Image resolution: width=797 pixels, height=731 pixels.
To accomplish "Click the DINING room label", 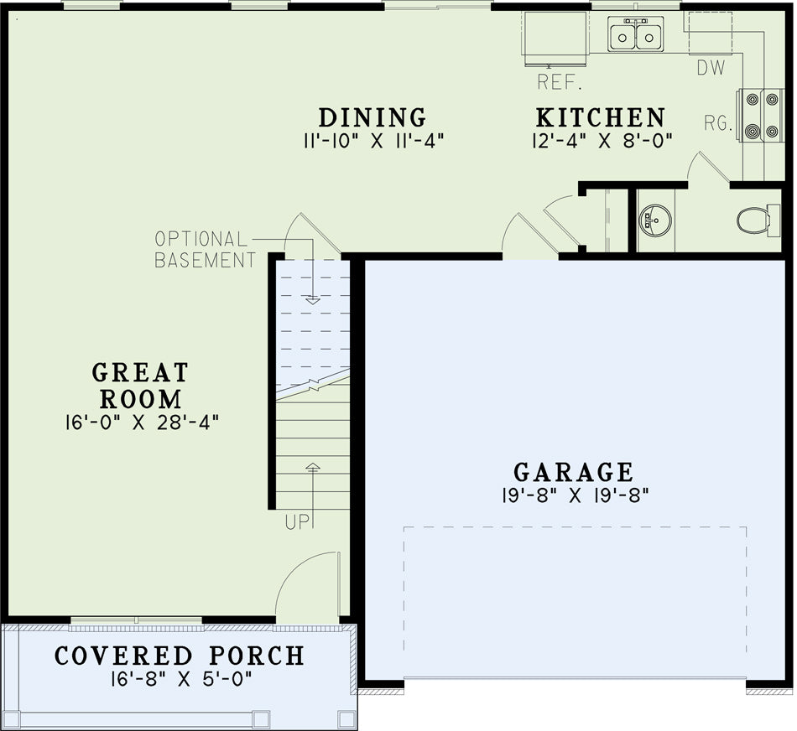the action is pyautogui.click(x=372, y=117).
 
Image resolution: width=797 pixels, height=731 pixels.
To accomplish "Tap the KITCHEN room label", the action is pyautogui.click(x=601, y=117).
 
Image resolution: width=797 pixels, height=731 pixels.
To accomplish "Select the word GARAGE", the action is pyautogui.click(x=574, y=472).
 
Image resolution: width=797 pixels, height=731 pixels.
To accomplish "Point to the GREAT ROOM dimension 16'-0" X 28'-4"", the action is pyautogui.click(x=142, y=423).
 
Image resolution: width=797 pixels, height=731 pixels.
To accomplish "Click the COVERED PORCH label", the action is pyautogui.click(x=180, y=656).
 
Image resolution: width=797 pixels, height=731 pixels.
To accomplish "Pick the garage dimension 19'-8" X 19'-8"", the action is pyautogui.click(x=576, y=495).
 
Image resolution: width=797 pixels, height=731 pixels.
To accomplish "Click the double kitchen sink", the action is pyautogui.click(x=635, y=34).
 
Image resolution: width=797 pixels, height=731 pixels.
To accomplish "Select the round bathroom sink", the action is pyautogui.click(x=655, y=220).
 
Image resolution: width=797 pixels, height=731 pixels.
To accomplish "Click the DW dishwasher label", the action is pyautogui.click(x=711, y=68).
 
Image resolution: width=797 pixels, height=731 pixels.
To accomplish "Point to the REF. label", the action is pyautogui.click(x=560, y=82).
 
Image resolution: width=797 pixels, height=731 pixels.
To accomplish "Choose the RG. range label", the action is pyautogui.click(x=718, y=123).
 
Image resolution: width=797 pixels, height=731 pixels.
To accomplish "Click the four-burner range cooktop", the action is pyautogui.click(x=762, y=116).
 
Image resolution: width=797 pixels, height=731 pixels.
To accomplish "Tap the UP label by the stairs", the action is pyautogui.click(x=296, y=522).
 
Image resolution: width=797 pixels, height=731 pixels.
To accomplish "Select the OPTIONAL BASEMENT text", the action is pyautogui.click(x=206, y=250).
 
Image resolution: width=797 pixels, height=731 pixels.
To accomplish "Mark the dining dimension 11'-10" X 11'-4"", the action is pyautogui.click(x=373, y=141).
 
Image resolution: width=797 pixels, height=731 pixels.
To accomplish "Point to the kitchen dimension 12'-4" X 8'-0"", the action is pyautogui.click(x=602, y=141).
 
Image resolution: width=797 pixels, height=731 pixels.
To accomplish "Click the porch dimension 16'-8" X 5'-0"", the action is pyautogui.click(x=181, y=679).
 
